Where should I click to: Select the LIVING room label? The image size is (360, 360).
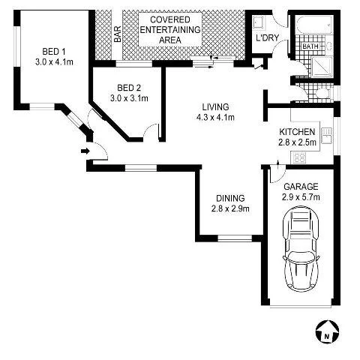point(214,107)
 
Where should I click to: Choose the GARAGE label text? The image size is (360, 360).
point(300,186)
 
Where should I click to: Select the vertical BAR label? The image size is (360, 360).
point(118,34)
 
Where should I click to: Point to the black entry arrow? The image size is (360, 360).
point(84,151)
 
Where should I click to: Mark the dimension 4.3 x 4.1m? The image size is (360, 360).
point(214,117)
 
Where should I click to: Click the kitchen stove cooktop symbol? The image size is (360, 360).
point(298,158)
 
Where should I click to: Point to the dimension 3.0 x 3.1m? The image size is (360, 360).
point(129,97)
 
